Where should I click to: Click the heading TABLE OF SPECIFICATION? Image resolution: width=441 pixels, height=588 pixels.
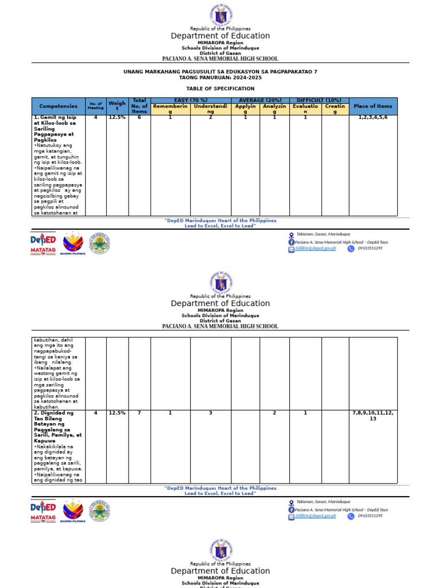tap(220, 89)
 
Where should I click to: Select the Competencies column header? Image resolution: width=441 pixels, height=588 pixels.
tap(58, 106)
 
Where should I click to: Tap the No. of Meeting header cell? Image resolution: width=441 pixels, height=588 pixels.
tap(96, 106)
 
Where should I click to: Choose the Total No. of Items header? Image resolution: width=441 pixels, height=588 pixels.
tap(140, 106)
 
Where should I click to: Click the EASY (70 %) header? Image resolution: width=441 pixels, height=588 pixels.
tap(191, 100)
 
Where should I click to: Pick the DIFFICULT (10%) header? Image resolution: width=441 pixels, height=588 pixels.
tap(319, 100)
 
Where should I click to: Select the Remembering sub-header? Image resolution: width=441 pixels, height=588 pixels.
tap(170, 109)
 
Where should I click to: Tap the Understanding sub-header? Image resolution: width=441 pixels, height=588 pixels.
tap(211, 109)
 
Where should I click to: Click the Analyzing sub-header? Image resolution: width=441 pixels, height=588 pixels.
tap(274, 109)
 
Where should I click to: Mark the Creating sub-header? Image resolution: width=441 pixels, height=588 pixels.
tap(335, 109)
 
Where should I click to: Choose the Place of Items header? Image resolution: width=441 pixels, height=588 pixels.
tap(373, 106)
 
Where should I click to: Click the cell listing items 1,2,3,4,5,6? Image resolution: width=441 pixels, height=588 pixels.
tap(373, 118)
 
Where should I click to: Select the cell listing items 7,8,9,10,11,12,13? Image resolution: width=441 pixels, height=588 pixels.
tap(373, 416)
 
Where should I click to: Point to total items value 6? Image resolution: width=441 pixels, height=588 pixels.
tap(140, 118)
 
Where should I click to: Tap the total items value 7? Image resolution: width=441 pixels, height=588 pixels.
tap(140, 413)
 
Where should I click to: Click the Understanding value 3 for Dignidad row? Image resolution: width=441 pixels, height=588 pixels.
tap(211, 413)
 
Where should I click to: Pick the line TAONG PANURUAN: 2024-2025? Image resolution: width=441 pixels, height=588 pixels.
tap(220, 78)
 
